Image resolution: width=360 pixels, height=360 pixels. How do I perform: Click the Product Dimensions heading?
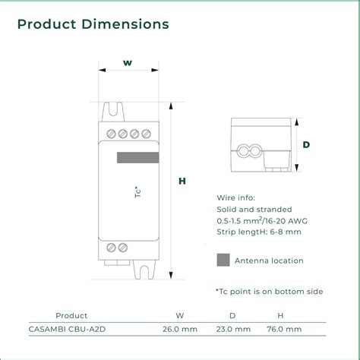93,24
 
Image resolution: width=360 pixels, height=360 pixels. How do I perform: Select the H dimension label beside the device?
182,181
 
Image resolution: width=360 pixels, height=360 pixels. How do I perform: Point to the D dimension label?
305,144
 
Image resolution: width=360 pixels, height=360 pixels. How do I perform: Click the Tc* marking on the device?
137,193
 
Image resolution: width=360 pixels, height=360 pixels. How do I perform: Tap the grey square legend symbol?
223,261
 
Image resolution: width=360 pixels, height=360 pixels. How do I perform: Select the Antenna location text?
269,261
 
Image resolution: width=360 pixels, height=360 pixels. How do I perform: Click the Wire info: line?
236,196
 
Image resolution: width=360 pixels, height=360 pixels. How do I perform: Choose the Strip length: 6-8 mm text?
259,232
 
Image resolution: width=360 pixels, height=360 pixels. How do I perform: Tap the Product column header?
71,315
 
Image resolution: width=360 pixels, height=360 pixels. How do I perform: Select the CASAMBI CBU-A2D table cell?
71,329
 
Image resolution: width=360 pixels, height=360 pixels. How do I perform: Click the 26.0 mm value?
180,329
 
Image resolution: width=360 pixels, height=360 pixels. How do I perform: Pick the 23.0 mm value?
232,329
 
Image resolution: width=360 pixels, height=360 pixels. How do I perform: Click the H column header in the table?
280,315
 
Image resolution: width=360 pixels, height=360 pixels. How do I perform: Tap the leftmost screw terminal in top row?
111,134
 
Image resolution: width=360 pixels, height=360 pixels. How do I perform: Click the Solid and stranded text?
254,208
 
